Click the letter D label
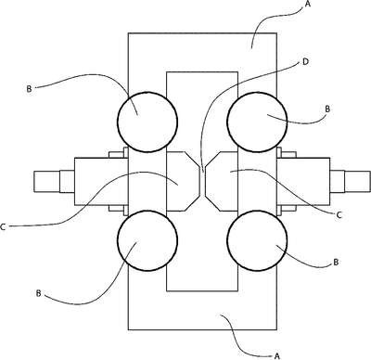[x=305, y=62]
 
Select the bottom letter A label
[x=277, y=355]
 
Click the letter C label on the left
[x=3, y=227]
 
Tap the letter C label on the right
[x=339, y=215]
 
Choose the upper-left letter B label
[x=29, y=89]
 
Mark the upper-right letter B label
[x=327, y=109]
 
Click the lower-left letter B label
[x=38, y=293]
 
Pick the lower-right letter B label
[x=336, y=263]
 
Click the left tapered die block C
[x=183, y=182]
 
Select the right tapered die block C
[x=222, y=182]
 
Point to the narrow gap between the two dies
[x=202, y=182]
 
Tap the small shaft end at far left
[x=46, y=181]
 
